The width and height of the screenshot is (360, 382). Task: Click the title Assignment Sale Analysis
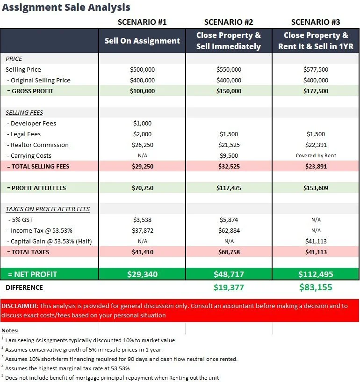click(x=66, y=7)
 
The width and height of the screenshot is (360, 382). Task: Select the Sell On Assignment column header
click(x=142, y=41)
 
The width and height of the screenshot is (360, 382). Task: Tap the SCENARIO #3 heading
click(x=316, y=22)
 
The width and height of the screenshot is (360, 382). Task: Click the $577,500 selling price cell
click(x=316, y=69)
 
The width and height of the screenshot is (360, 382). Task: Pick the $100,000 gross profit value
click(x=142, y=91)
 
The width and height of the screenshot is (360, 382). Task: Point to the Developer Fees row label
click(x=31, y=124)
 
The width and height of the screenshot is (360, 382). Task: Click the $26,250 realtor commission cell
click(x=142, y=145)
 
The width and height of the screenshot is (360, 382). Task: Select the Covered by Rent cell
click(x=316, y=156)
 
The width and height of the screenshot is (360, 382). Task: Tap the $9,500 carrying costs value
click(x=229, y=156)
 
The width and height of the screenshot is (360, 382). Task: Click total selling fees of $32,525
click(x=229, y=167)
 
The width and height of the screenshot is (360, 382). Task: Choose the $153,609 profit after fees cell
click(x=316, y=188)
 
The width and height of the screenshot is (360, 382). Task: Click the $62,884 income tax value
click(x=229, y=230)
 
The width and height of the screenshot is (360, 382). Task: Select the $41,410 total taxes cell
click(x=142, y=252)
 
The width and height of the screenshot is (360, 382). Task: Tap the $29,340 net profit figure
click(x=142, y=274)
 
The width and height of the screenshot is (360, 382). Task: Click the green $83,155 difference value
click(x=316, y=287)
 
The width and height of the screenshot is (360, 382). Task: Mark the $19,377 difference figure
click(x=229, y=287)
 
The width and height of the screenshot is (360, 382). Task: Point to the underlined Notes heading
click(x=10, y=331)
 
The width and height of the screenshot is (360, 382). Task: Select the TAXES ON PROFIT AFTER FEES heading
click(x=48, y=209)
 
